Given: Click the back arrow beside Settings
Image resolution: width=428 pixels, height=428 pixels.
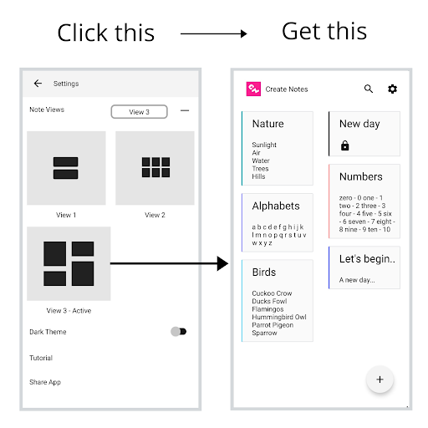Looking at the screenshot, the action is coord(38,84).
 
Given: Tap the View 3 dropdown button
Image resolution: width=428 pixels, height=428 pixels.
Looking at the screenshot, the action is coord(139,112).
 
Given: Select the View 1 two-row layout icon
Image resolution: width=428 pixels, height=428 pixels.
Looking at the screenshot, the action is coord(66,168).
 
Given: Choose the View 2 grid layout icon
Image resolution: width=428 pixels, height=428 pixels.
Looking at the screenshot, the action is coord(155,167).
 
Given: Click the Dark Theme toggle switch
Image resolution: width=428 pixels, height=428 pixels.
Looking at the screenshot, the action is coord(179,332).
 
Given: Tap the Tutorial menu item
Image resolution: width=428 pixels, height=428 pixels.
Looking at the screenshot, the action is coord(41,358).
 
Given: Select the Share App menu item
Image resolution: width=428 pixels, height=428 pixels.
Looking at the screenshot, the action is coord(45,382).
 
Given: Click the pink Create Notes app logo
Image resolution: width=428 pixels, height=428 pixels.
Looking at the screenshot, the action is coord(253,89).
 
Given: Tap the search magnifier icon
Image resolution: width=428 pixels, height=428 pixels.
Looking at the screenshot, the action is coord(369,89).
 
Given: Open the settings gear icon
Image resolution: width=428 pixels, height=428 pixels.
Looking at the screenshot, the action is coord(393,89).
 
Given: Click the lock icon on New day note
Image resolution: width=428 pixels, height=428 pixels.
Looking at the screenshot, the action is coord(345,145).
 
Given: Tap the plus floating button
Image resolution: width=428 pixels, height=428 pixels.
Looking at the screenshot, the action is coord(380,380).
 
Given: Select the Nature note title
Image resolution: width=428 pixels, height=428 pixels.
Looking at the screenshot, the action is coord(268,124).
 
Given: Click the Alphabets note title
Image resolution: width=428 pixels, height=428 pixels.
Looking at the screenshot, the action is coord(276,206).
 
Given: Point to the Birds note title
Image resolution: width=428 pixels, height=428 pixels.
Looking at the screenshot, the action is coord(264,273).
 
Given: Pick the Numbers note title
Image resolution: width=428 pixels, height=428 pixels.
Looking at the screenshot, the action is coord(361,176).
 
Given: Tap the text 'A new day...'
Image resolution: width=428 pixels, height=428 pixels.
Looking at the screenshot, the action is coord(357,280).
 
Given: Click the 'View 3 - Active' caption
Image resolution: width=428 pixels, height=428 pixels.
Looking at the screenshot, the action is coord(69,311).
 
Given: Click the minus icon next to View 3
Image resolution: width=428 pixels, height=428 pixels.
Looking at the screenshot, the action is coord(185,110).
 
